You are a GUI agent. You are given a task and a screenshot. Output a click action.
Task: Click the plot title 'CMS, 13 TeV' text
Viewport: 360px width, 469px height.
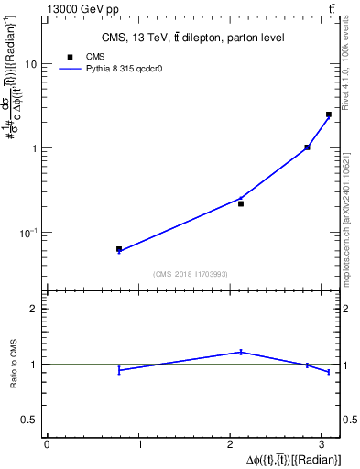(191, 38)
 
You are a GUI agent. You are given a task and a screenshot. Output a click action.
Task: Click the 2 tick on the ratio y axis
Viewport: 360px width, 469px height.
(35, 309)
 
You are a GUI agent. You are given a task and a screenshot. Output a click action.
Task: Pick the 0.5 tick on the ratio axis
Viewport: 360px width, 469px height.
(30, 420)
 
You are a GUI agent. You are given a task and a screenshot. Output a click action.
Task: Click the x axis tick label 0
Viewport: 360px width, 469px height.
(47, 444)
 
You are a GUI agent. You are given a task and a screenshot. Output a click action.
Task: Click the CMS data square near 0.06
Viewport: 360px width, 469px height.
(119, 248)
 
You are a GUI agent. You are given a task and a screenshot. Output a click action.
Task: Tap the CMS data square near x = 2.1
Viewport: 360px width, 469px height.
(241, 203)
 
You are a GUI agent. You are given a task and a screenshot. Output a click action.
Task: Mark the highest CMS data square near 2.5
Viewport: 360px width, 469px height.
(329, 115)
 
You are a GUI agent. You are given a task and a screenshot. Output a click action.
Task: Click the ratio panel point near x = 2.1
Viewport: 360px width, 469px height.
(241, 352)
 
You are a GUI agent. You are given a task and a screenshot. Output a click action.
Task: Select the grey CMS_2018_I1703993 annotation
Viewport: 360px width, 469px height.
(191, 274)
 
